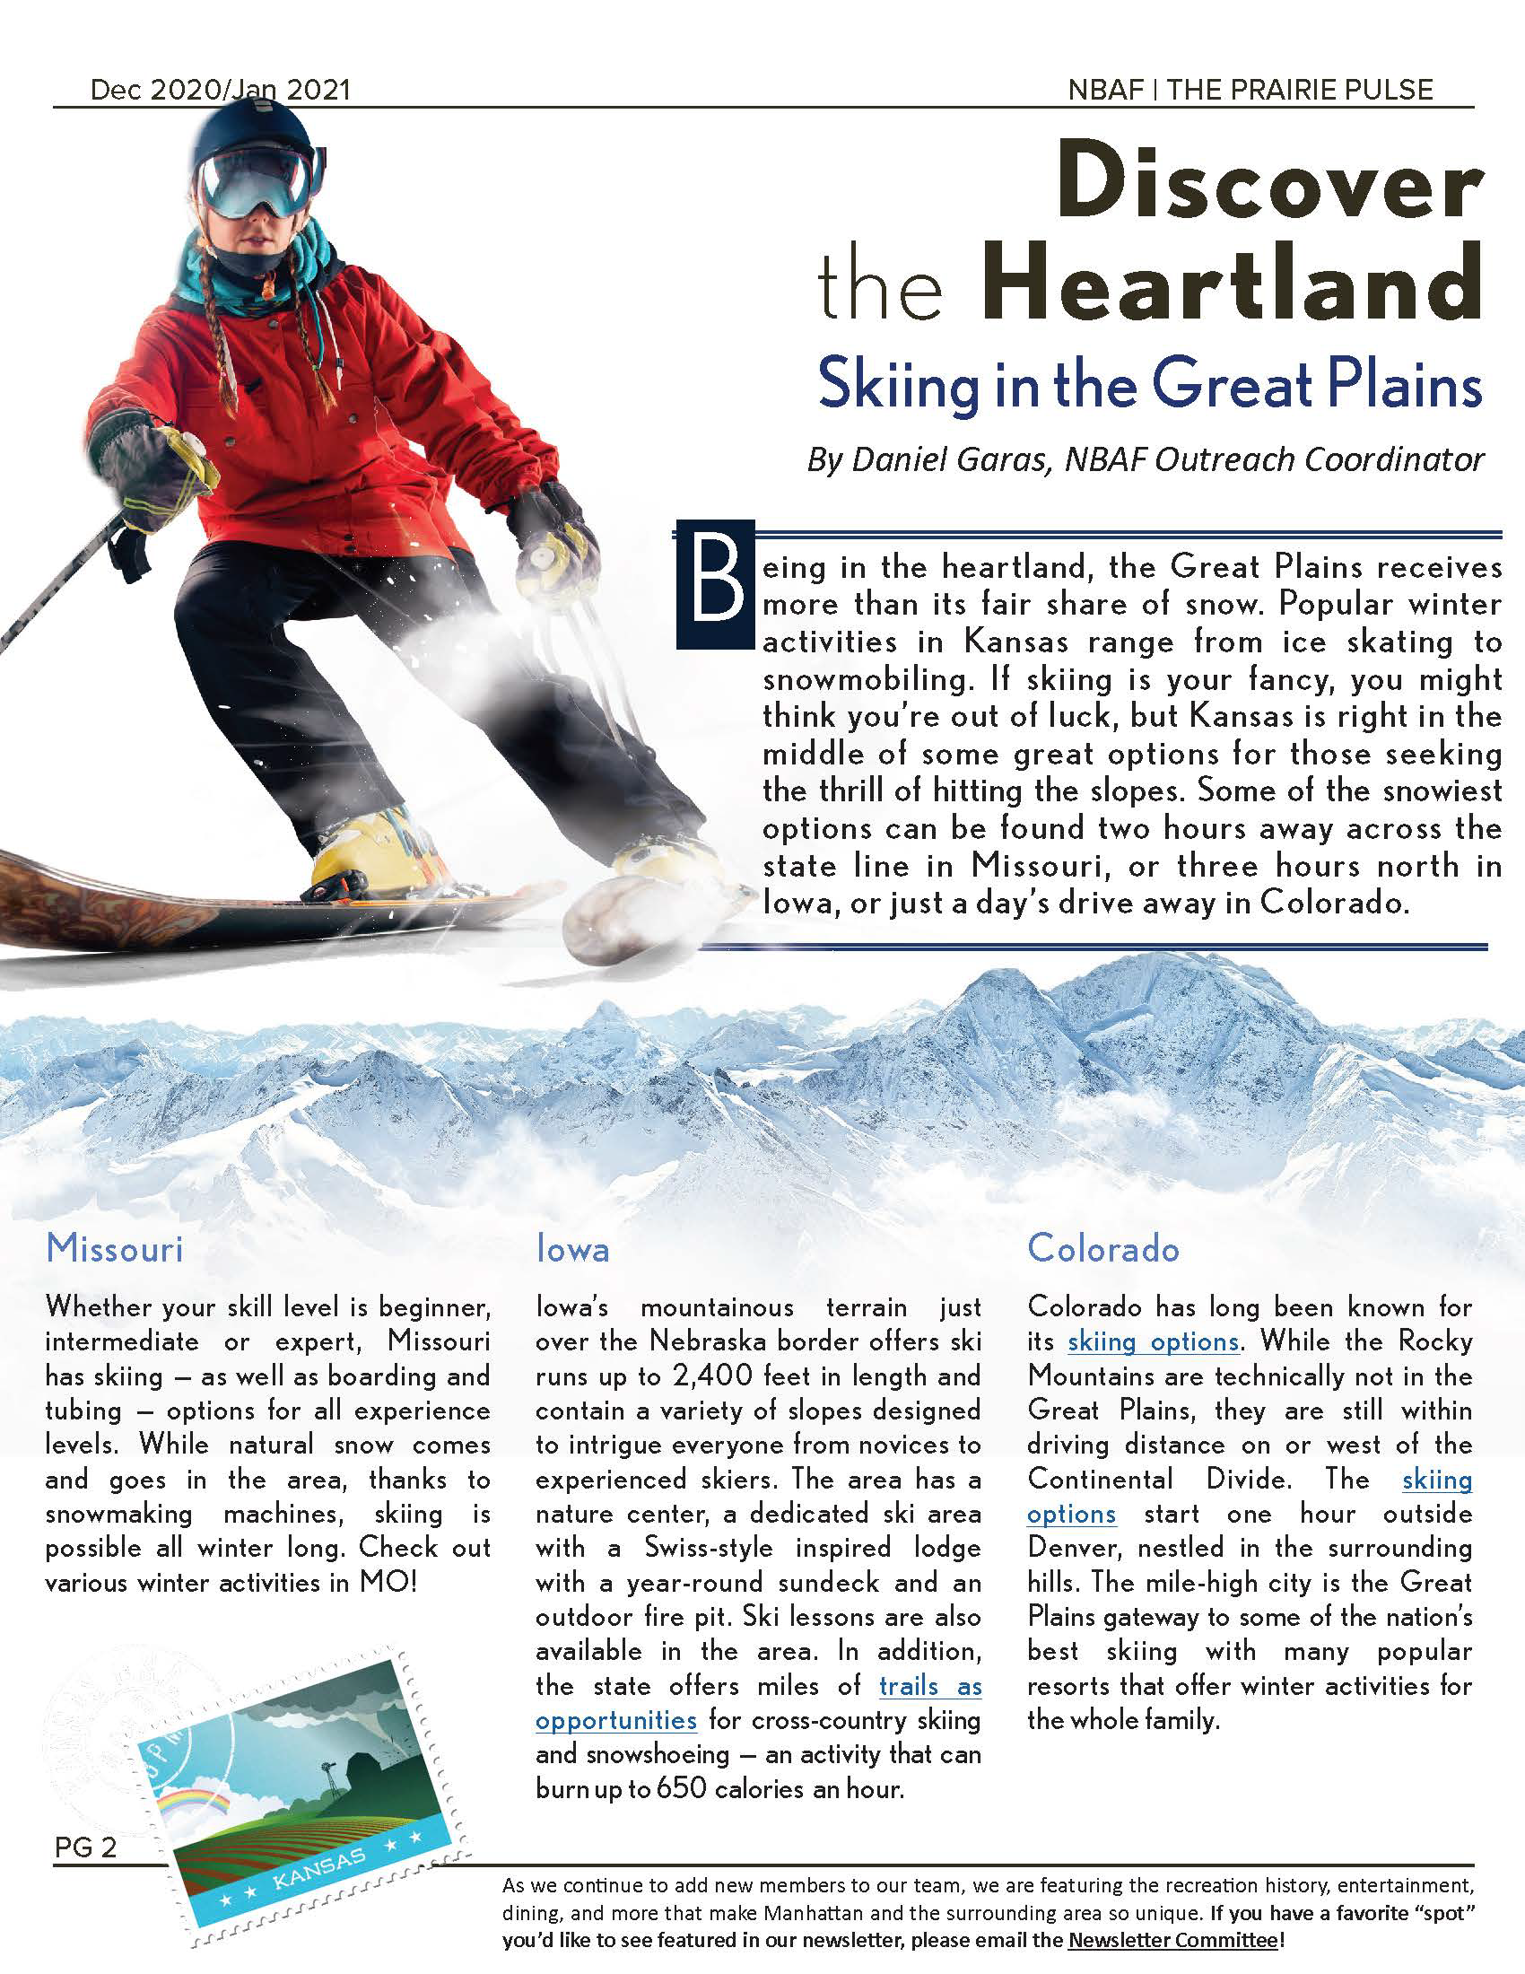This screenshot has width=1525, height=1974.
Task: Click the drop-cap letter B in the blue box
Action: pos(715,585)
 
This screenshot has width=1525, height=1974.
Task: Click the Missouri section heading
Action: pos(115,1248)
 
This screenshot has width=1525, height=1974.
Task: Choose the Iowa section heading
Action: pos(572,1248)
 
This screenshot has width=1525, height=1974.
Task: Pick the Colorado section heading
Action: pos(1103,1248)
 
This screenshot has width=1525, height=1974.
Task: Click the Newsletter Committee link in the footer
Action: pos(1172,1940)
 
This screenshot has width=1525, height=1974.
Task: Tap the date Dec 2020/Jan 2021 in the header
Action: pos(220,91)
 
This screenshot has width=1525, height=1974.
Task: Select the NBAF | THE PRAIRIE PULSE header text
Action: pos(1250,91)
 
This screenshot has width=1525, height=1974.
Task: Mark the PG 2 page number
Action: pos(86,1847)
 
